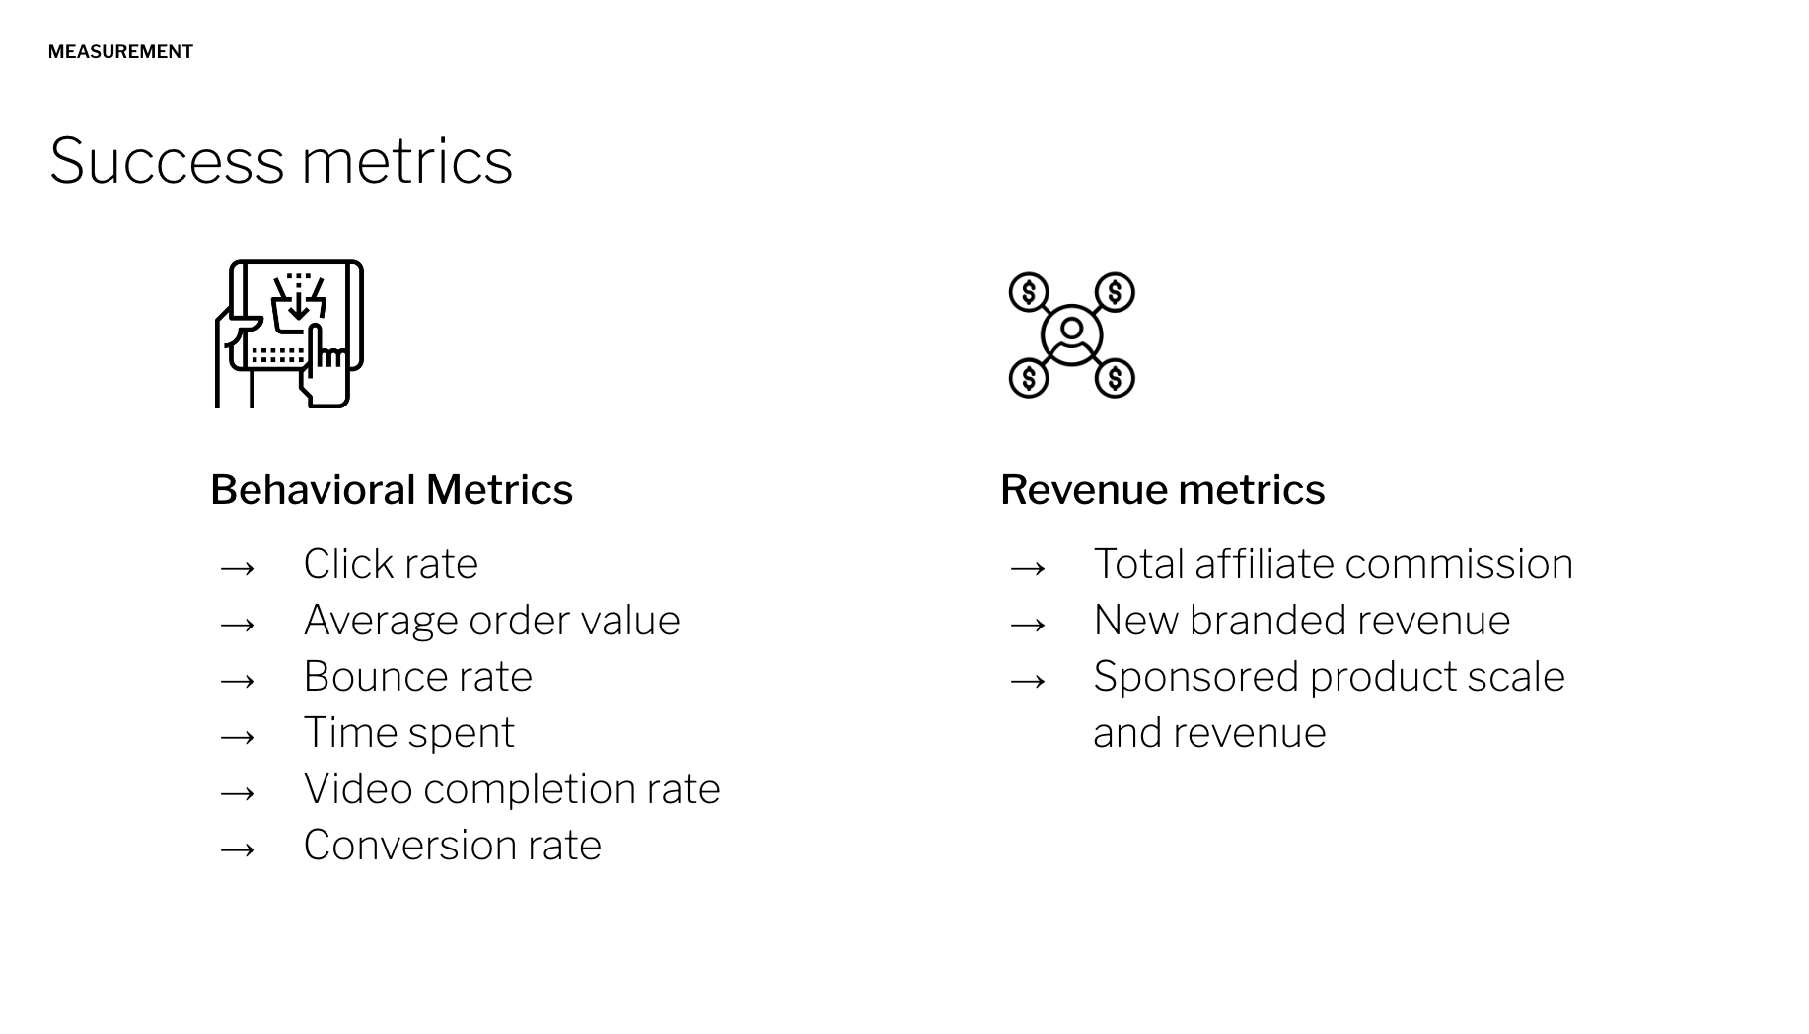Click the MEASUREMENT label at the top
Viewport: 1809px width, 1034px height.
tap(120, 52)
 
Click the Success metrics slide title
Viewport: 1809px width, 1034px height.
tap(281, 160)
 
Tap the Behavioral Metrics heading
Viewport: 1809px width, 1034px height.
tap(392, 489)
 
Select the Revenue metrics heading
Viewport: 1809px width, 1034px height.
tap(1162, 489)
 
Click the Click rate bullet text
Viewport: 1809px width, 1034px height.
tap(391, 563)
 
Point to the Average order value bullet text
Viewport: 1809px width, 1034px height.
tap(491, 620)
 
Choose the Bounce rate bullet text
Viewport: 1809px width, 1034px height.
tap(418, 676)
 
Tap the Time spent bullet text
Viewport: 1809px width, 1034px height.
tap(409, 732)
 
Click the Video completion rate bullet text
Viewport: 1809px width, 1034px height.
tap(512, 788)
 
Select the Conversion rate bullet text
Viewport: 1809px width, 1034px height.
tap(453, 845)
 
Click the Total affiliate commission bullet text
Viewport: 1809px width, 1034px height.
tap(1334, 563)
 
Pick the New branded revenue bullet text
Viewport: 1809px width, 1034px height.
tap(1302, 620)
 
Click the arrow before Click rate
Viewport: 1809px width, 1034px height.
tap(238, 567)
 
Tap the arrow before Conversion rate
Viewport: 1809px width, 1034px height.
tap(238, 849)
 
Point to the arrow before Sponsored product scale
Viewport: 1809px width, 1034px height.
tap(1028, 680)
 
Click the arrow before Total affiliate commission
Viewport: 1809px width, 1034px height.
tap(1028, 567)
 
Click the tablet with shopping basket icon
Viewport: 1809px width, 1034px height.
tap(289, 333)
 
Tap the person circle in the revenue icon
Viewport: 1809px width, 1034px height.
tap(1071, 334)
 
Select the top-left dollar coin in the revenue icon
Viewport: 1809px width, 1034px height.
tap(1029, 292)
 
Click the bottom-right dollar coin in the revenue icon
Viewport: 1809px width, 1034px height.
tap(1115, 378)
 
